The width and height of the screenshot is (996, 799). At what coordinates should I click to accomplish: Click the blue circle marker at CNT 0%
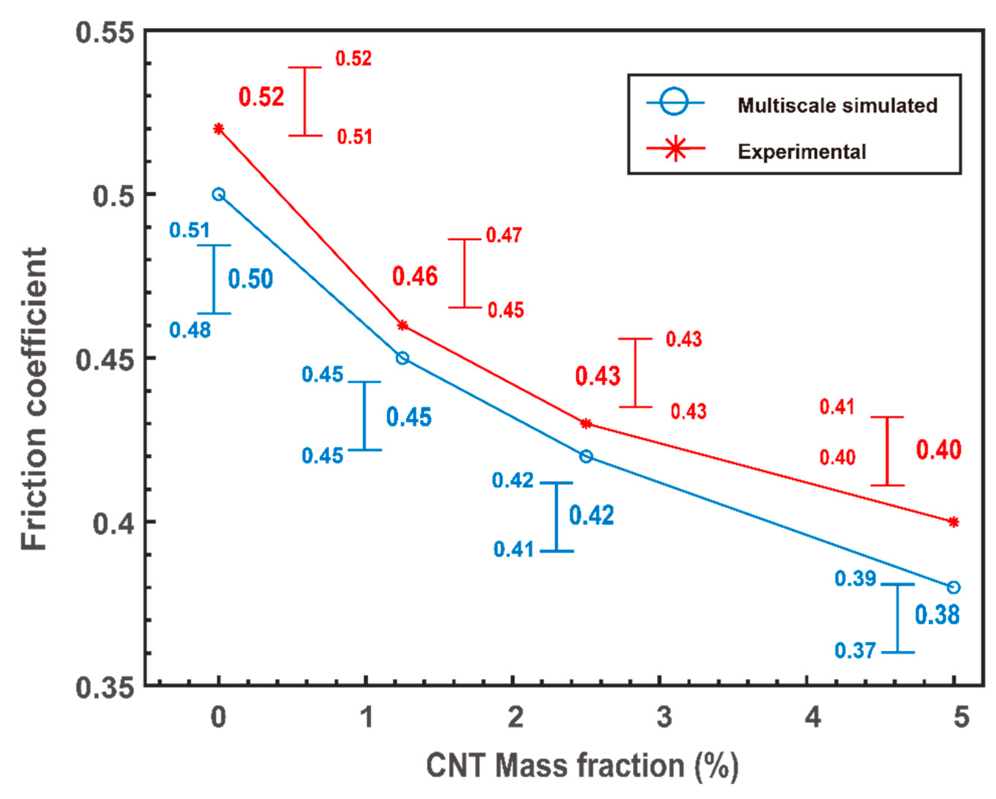[x=219, y=195]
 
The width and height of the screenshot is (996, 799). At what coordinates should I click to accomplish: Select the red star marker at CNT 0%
[x=219, y=129]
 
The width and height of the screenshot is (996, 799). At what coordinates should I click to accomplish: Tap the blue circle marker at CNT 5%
[x=954, y=588]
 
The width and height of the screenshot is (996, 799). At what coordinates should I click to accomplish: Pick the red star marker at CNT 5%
[x=954, y=522]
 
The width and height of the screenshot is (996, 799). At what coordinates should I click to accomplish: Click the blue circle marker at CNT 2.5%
[x=586, y=456]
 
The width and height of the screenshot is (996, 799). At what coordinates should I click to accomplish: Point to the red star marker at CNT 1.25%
[x=403, y=325]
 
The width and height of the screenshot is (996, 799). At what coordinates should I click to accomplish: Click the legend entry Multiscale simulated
[x=837, y=106]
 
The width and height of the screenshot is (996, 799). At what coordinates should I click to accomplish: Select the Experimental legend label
[x=801, y=152]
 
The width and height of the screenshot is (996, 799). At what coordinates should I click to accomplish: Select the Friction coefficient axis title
[x=34, y=399]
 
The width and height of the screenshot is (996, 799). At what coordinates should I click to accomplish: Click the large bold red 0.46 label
[x=415, y=277]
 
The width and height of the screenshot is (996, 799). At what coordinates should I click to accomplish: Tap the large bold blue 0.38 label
[x=937, y=615]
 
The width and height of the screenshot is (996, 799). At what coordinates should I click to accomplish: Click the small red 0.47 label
[x=504, y=235]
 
